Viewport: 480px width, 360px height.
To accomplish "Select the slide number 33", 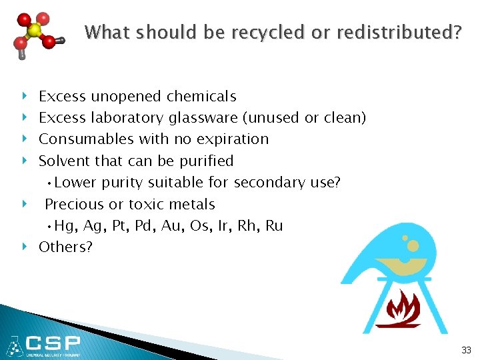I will (x=465, y=349).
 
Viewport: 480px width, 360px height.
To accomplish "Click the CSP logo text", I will (x=53, y=344).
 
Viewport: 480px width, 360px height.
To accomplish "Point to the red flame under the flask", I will (x=398, y=308).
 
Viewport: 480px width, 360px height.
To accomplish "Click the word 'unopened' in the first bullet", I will (x=123, y=97).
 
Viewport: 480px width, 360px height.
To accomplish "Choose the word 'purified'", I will (x=207, y=161).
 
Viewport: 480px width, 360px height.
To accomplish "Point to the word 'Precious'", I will (x=71, y=205).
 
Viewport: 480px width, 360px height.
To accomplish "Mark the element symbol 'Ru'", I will (x=274, y=226).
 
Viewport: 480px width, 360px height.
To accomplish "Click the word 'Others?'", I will (x=65, y=247).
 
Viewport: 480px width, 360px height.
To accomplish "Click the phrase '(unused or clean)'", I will (x=304, y=118).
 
